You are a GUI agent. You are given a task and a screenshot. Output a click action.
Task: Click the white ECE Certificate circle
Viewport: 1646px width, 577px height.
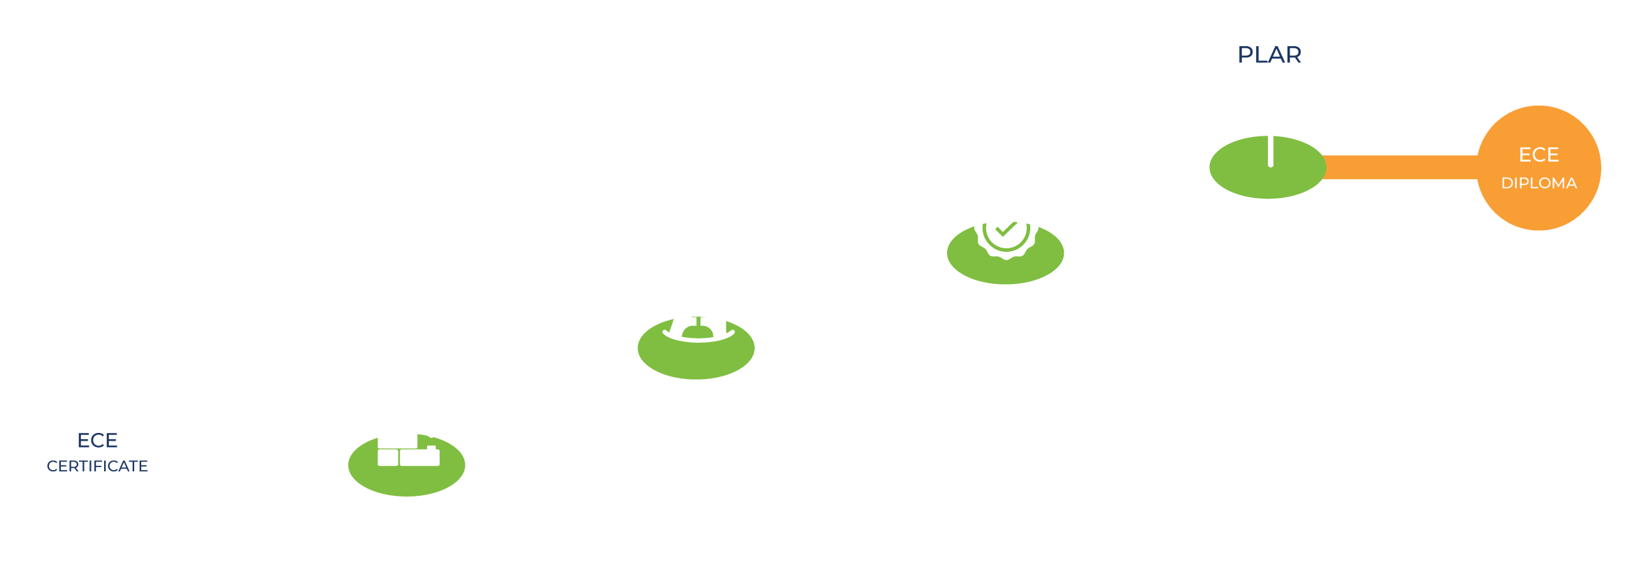(x=97, y=490)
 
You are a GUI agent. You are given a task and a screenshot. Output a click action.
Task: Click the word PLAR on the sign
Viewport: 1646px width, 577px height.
(x=1269, y=55)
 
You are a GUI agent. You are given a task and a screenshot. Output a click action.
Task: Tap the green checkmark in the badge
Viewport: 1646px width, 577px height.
(x=1006, y=229)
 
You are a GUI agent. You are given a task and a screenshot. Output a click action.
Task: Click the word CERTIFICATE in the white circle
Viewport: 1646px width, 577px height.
(x=97, y=466)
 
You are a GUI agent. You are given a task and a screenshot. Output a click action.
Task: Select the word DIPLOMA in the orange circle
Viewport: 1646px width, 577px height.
(x=1539, y=183)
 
